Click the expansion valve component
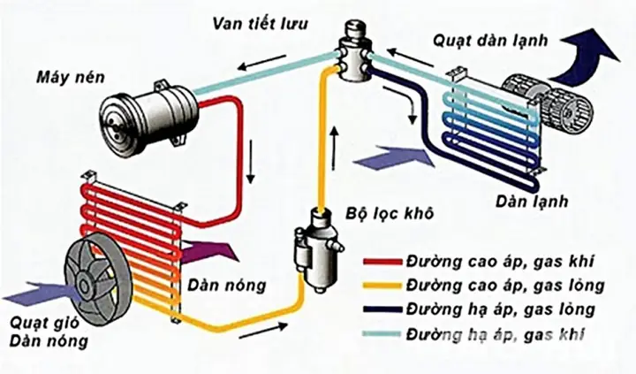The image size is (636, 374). click(355, 53)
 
